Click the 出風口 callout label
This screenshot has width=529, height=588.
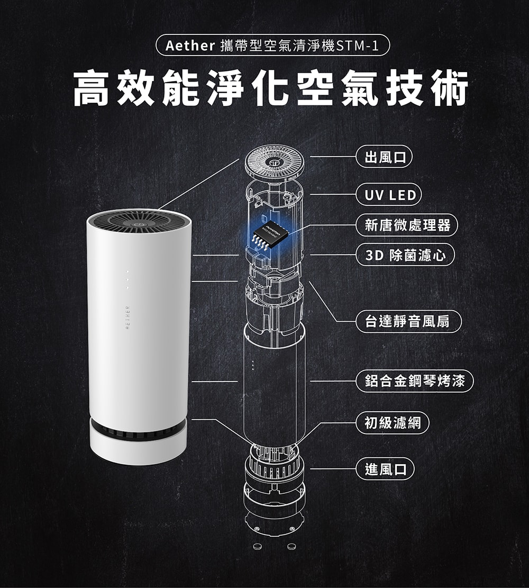pos(384,157)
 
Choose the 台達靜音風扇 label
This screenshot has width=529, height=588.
pos(408,321)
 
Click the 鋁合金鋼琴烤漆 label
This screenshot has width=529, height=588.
pos(415,381)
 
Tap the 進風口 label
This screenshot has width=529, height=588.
pos(386,469)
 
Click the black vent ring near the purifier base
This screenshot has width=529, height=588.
pos(138,428)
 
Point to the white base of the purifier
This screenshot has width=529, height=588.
pos(138,450)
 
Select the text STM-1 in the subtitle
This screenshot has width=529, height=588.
pos(358,46)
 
